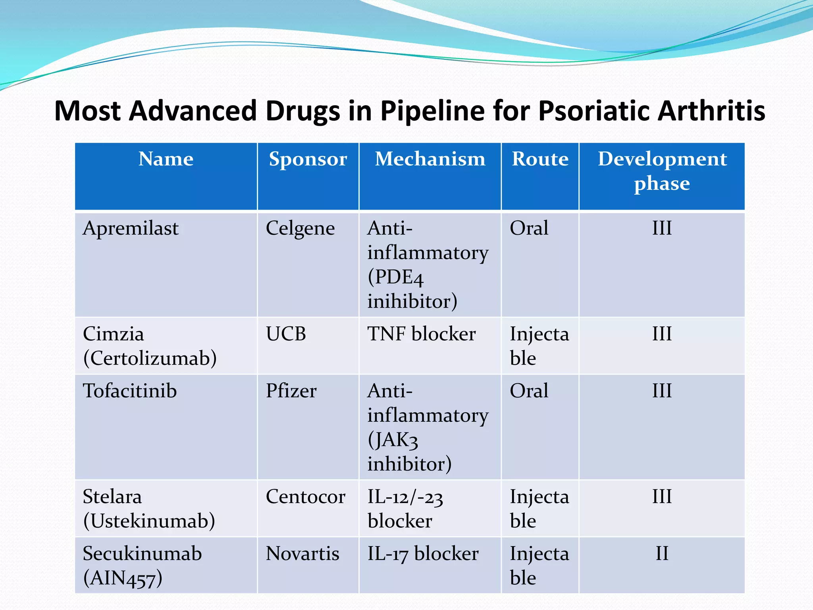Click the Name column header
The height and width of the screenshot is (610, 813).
pyautogui.click(x=166, y=159)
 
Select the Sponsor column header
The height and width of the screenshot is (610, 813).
pyautogui.click(x=308, y=159)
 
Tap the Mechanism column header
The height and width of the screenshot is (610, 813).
pyautogui.click(x=430, y=159)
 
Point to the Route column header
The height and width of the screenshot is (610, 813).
pyautogui.click(x=540, y=159)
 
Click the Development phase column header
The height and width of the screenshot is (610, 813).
pyautogui.click(x=662, y=171)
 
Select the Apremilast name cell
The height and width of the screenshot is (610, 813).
pyautogui.click(x=131, y=229)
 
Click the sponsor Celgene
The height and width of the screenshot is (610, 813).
pyautogui.click(x=300, y=229)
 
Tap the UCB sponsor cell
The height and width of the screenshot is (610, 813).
pyautogui.click(x=286, y=334)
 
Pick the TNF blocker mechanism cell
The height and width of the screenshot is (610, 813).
pyautogui.click(x=421, y=334)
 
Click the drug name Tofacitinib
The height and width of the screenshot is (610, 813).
pyautogui.click(x=129, y=391)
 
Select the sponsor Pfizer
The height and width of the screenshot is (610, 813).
pyautogui.click(x=291, y=391)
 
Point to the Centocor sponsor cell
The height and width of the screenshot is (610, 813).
pyautogui.click(x=305, y=497)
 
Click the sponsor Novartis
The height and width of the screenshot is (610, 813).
pyautogui.click(x=302, y=554)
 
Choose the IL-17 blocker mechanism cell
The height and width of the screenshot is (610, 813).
pyautogui.click(x=423, y=554)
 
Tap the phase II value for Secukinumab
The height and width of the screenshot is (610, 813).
pyautogui.click(x=662, y=554)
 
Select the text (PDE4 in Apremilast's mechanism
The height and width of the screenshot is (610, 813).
pyautogui.click(x=395, y=277)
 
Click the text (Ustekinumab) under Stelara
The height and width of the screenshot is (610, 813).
pyautogui.click(x=149, y=521)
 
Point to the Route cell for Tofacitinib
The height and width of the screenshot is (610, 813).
pyautogui.click(x=529, y=391)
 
